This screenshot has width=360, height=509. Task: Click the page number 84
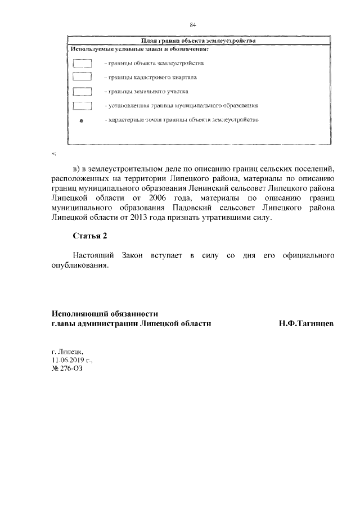[x=192, y=25]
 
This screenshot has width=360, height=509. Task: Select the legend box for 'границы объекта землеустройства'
[x=82, y=63]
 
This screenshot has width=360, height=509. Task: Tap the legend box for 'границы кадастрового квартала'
[x=82, y=76]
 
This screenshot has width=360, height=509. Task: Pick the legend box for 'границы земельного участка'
[x=82, y=91]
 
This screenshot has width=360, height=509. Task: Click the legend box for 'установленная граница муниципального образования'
[x=82, y=105]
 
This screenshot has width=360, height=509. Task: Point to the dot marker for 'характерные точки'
[x=81, y=121]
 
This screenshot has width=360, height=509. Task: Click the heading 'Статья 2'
[x=89, y=235]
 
